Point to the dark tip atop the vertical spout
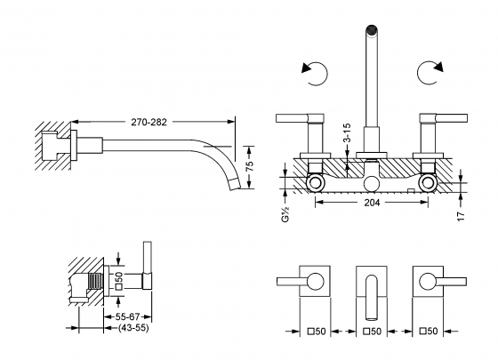point(371,32)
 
